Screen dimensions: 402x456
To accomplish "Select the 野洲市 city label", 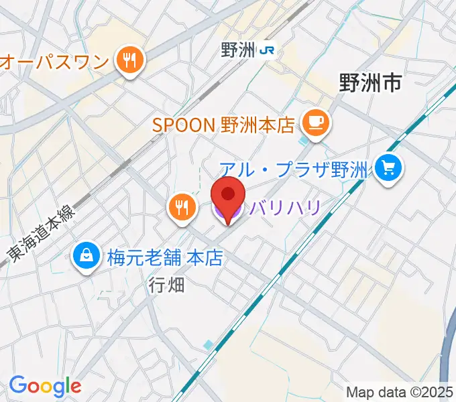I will [370, 83].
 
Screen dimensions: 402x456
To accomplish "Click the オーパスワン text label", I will [54, 62].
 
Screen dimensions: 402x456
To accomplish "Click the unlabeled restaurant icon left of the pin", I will [182, 207].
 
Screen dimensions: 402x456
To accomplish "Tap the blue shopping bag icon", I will [87, 255].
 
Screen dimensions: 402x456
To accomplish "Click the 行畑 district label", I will [164, 285].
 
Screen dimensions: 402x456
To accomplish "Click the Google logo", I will [45, 386].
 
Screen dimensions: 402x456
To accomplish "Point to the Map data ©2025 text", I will [400, 392].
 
